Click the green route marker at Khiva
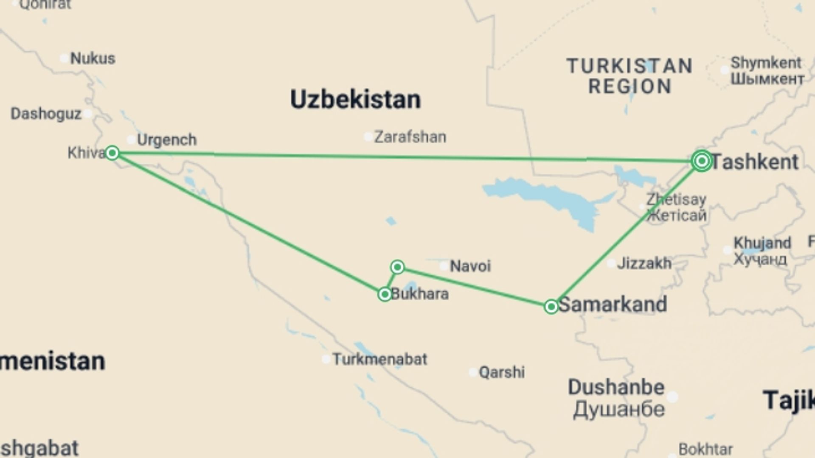point(112,153)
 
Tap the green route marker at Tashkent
point(701,161)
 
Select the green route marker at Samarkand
point(551,307)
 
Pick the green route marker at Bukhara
point(385,294)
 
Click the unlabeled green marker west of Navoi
point(397,267)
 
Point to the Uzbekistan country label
point(355,100)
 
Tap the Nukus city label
point(93,58)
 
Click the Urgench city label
point(167,140)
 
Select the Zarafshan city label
point(410,137)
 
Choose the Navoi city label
point(470,266)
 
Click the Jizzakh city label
point(644,263)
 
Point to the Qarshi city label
point(502,372)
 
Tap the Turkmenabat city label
point(379,359)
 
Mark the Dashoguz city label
point(46,114)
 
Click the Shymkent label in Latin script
point(766,63)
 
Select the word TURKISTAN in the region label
point(630,66)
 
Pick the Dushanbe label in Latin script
point(616,387)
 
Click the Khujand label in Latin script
point(762,243)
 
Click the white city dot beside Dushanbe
point(672,397)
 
